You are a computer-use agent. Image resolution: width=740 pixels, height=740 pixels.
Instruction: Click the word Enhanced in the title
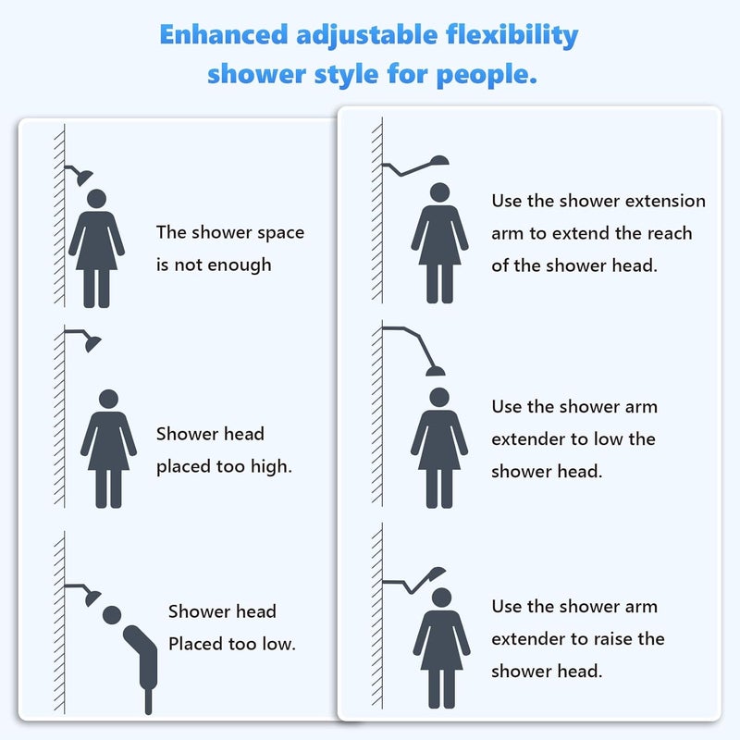pos(223,34)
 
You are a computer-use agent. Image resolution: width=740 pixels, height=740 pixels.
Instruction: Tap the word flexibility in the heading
pos(512,36)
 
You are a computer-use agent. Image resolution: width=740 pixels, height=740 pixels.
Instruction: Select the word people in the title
pos(487,75)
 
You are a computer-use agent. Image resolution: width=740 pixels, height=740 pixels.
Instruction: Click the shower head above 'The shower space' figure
pos(84,178)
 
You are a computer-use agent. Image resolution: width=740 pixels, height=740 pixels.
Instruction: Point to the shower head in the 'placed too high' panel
pos(93,343)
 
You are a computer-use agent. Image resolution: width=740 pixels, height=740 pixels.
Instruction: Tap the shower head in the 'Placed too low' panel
pos(92,598)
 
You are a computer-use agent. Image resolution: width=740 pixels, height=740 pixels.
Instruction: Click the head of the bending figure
pos(112,615)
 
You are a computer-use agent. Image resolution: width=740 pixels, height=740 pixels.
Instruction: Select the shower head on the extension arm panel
pos(439,160)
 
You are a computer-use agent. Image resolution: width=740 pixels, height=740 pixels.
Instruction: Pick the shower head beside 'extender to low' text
pos(435,371)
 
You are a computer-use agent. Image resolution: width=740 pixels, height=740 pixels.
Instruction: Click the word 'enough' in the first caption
pos(240,265)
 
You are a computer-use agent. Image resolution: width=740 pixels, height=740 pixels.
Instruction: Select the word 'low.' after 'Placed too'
pos(279,644)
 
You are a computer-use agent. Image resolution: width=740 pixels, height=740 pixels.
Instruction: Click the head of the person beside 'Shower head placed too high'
pos(108,399)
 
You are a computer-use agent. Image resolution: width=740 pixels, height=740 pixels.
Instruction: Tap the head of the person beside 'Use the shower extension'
pos(440,192)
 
